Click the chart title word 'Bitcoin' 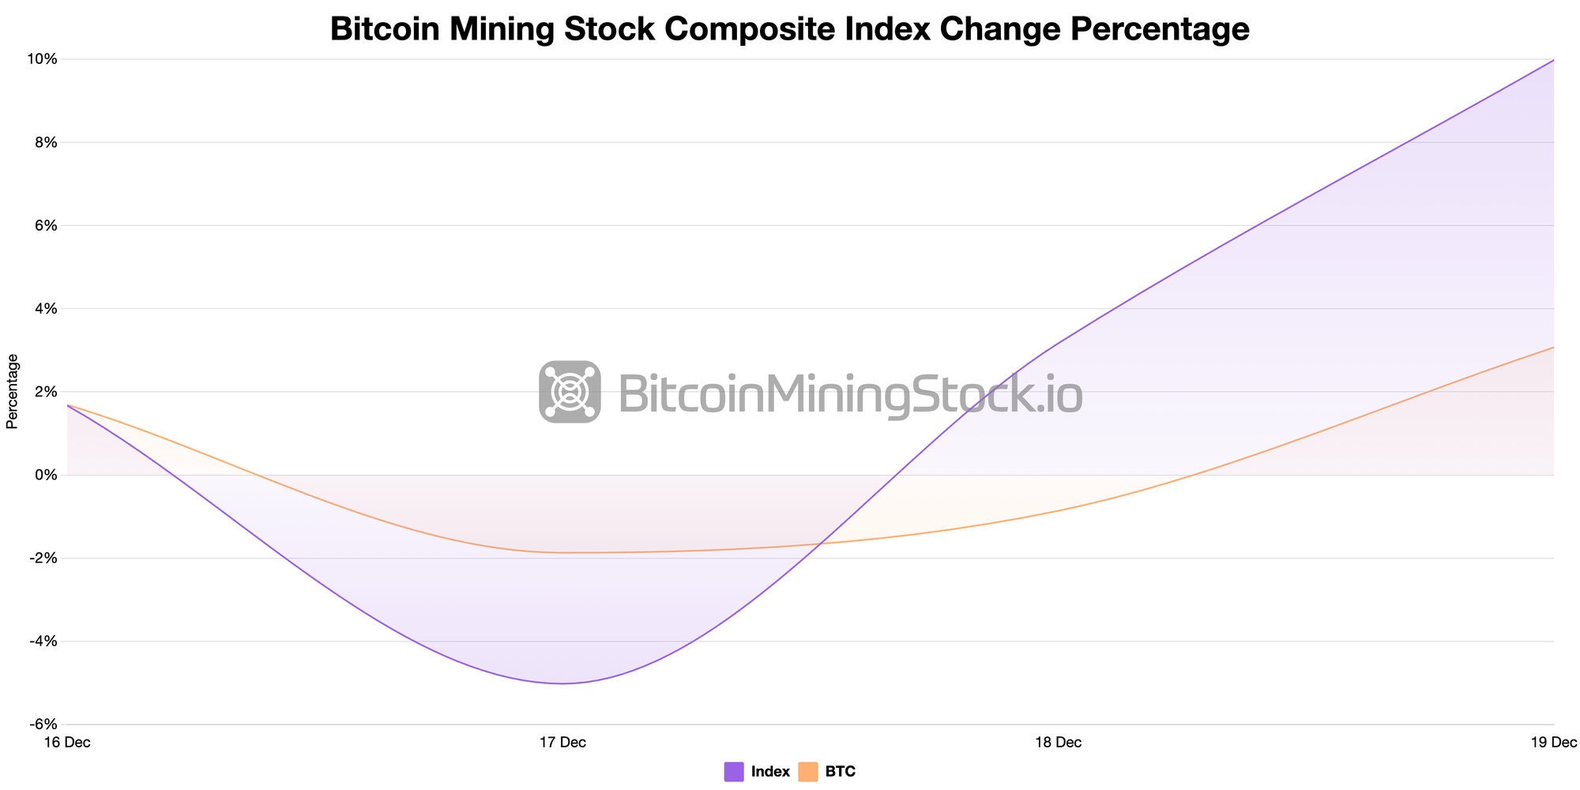pos(385,29)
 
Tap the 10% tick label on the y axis pos(44,59)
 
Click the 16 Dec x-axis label pos(68,743)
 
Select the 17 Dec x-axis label pos(562,743)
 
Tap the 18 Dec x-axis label pos(1058,743)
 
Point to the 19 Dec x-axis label pos(1553,743)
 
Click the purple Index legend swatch pos(734,772)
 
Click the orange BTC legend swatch pos(808,772)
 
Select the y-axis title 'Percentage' pos(12,391)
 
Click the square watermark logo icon pos(570,392)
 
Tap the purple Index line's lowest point pos(562,683)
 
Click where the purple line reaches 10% pos(1553,60)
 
